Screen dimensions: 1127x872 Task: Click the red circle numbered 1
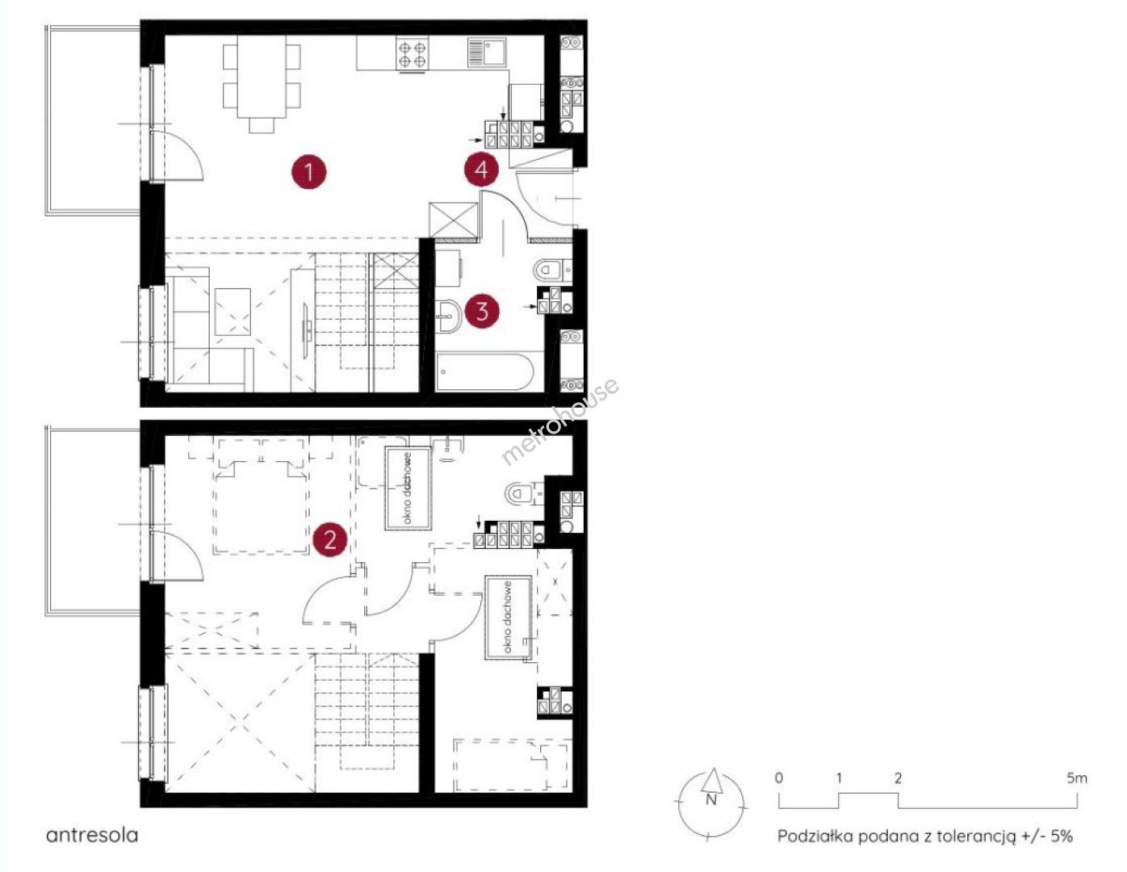(308, 171)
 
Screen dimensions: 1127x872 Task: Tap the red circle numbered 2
(330, 541)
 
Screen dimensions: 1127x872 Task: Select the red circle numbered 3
(482, 311)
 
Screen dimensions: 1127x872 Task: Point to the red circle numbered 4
(481, 169)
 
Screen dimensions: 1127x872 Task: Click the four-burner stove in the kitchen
(413, 54)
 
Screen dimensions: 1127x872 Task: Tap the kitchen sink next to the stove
(487, 52)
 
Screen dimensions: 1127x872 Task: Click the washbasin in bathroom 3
(449, 315)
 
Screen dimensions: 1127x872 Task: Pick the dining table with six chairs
(262, 83)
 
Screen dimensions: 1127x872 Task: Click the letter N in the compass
(711, 799)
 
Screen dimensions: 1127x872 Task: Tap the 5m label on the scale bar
(1076, 778)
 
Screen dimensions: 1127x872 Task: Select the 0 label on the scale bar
(779, 778)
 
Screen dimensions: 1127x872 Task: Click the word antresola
(92, 836)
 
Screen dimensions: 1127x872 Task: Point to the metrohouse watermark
(560, 421)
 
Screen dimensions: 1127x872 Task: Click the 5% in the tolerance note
(1061, 836)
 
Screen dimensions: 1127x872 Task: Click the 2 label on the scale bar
(899, 778)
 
